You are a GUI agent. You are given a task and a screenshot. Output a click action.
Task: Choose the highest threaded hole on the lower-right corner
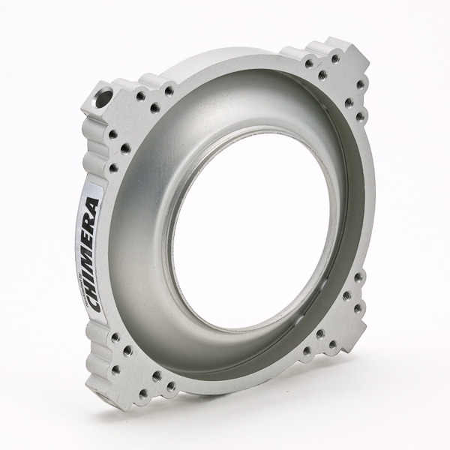(x=357, y=277)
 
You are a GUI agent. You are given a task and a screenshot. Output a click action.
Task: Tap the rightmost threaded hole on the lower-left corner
(x=172, y=386)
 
